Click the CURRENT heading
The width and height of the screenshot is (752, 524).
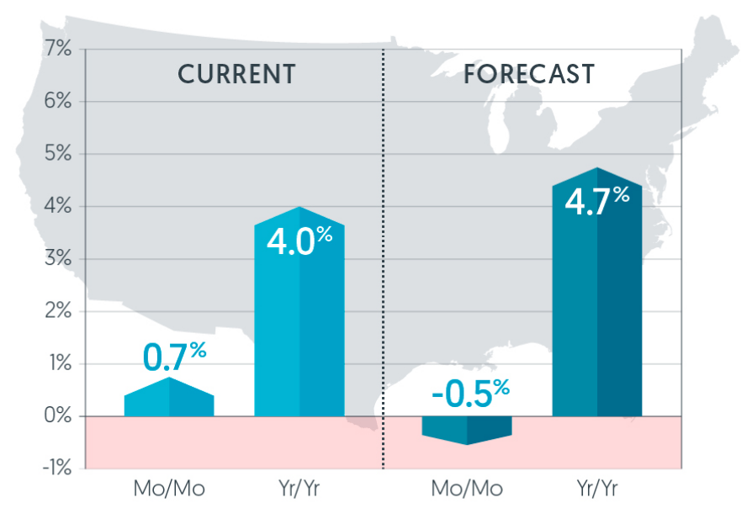pos(236,74)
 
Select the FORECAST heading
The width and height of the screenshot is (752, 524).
pos(529,74)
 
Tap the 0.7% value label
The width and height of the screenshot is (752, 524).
pos(174,356)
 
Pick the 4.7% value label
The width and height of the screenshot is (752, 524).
pos(596,202)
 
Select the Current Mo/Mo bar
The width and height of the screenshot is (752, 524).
pos(169,400)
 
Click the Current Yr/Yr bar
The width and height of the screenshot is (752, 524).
pos(299,328)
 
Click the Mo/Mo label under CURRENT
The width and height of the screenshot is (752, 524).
pos(169,489)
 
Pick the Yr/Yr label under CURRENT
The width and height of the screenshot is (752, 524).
pos(299,489)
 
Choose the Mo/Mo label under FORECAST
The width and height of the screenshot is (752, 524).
pos(467,489)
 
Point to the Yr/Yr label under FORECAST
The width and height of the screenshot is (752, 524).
pos(596,489)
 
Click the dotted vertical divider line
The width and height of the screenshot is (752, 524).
pos(383,252)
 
